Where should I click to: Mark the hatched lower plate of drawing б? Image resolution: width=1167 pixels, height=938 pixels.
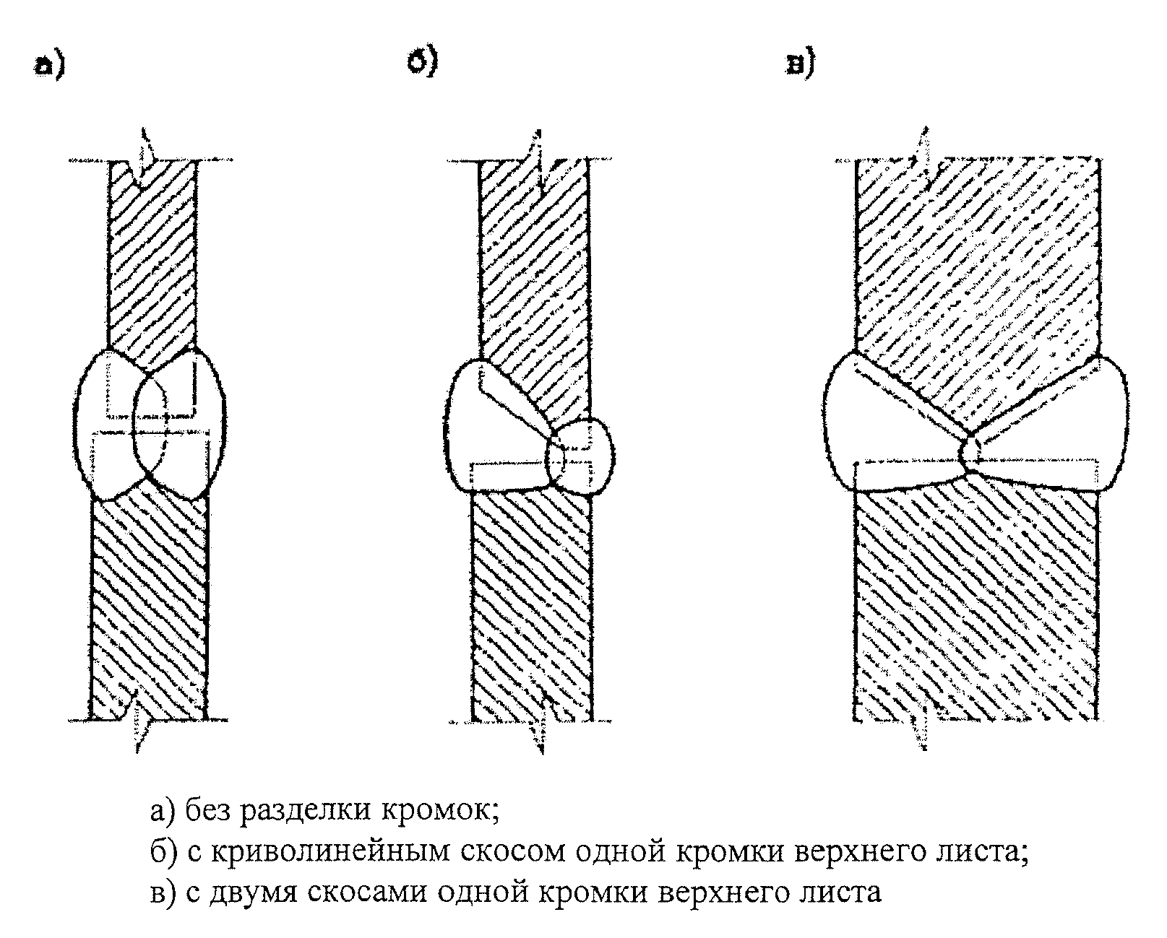coord(531,599)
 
